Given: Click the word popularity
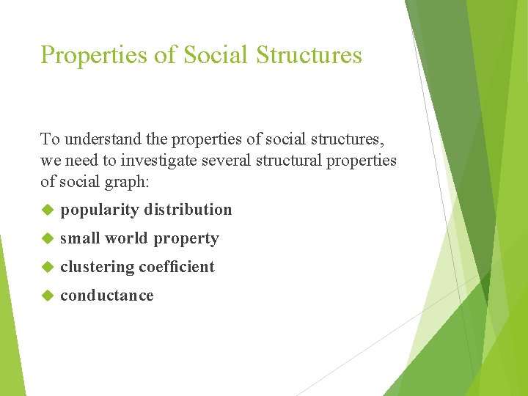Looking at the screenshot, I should (x=100, y=210).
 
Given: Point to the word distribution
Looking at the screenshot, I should (x=188, y=210).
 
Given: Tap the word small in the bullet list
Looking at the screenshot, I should (x=80, y=238).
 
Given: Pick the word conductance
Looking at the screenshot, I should (x=107, y=296).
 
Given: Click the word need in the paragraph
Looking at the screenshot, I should (x=77, y=160).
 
